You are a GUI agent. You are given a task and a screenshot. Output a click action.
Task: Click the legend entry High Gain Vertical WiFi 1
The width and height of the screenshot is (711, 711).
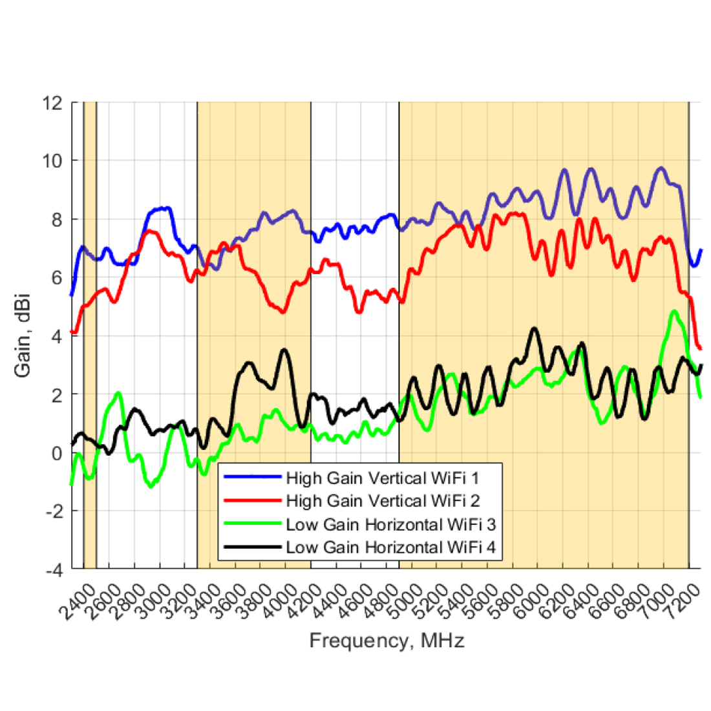click(x=382, y=478)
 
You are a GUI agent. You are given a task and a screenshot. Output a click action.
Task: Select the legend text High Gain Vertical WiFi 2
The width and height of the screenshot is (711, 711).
click(x=382, y=501)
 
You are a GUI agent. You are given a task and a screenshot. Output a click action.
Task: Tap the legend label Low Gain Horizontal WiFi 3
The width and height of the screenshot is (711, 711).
click(x=390, y=524)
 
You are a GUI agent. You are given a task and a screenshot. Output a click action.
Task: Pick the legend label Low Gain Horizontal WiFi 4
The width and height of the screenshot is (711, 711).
click(x=390, y=547)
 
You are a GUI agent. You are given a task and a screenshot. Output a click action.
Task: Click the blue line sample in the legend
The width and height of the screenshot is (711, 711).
click(x=252, y=478)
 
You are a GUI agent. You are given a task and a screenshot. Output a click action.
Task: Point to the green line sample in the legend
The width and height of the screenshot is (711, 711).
click(x=252, y=524)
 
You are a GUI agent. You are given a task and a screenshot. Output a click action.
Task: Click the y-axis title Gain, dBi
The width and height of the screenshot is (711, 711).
click(x=23, y=336)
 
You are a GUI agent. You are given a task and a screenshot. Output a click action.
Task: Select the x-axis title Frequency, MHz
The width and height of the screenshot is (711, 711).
click(x=387, y=641)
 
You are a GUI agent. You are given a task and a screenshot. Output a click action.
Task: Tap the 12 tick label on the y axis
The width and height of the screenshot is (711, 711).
click(x=51, y=103)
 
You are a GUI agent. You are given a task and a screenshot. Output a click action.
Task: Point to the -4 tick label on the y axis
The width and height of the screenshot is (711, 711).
click(x=54, y=570)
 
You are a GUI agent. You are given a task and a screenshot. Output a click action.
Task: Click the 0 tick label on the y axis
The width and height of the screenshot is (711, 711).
click(x=58, y=453)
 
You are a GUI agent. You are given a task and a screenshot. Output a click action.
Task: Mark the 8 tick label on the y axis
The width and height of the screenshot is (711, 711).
click(x=58, y=219)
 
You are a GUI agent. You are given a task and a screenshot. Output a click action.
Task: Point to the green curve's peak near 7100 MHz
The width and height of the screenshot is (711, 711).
click(x=675, y=312)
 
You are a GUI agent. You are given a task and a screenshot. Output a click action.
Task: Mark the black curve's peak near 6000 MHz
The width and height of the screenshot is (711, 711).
click(x=534, y=329)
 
